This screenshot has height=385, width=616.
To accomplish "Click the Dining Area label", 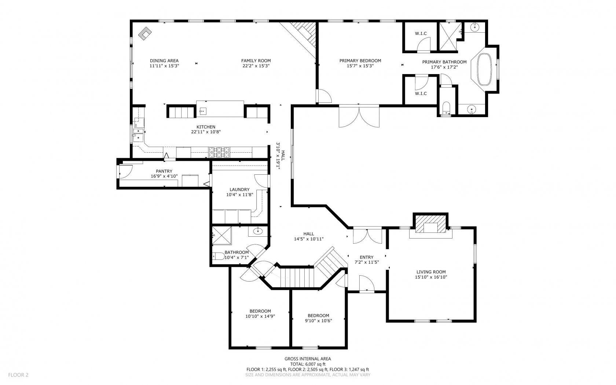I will (164, 61).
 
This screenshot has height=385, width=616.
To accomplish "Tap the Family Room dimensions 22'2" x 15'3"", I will (256, 66).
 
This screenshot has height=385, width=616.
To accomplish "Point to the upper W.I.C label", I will (421, 34).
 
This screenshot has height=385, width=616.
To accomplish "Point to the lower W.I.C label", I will (421, 94).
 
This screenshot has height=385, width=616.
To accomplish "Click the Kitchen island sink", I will (203, 110).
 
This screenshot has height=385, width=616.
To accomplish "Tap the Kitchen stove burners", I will (219, 152).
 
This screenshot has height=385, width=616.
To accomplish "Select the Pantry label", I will (164, 171).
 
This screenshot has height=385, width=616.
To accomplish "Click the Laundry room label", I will (239, 190).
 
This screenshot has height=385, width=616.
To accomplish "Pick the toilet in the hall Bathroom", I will (219, 256).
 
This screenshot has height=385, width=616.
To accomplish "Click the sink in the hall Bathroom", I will (258, 231).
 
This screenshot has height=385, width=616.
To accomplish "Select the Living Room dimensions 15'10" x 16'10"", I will (431, 277).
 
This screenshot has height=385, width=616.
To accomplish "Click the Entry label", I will (366, 257).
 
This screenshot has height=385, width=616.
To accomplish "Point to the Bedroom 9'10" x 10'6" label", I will (318, 316).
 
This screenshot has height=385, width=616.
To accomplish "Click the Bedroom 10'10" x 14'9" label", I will (260, 311).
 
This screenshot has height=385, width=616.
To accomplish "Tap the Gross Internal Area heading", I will (308, 359).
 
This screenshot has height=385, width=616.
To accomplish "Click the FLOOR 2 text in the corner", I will (18, 375).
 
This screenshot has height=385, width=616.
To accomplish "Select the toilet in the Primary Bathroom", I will (446, 109).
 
